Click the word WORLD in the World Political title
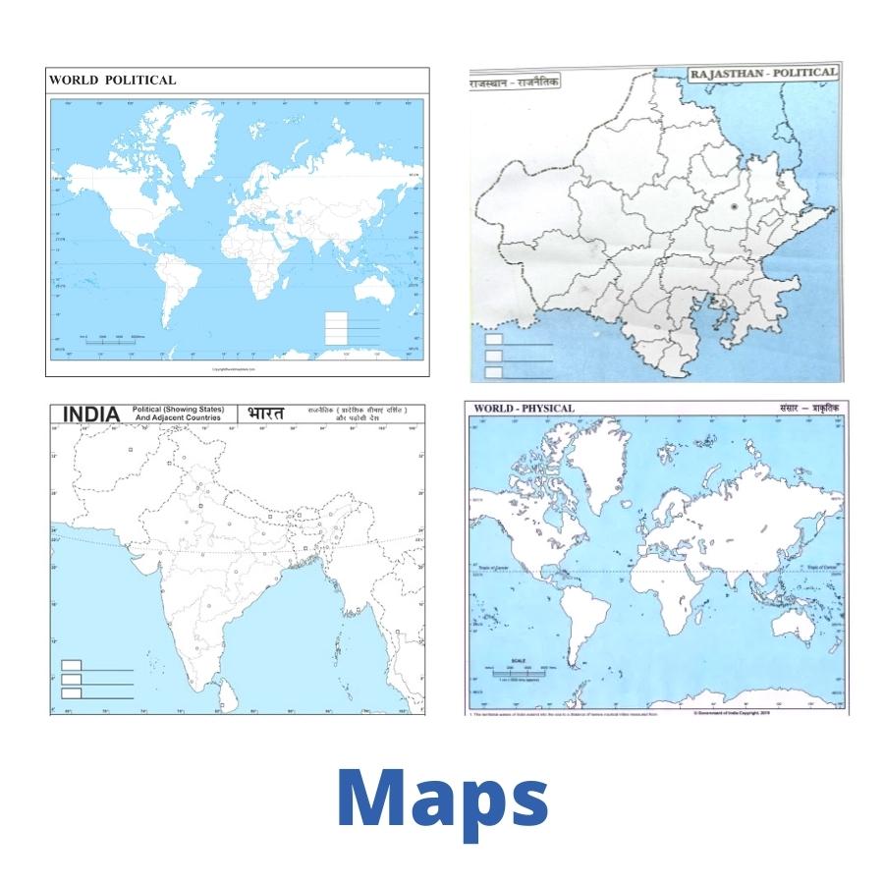point(72,80)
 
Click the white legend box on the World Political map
point(336,328)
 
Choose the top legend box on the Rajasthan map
point(494,341)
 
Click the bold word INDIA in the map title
point(91,414)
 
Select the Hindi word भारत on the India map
point(265,414)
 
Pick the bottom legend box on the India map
point(72,692)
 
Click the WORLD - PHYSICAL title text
point(524,408)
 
